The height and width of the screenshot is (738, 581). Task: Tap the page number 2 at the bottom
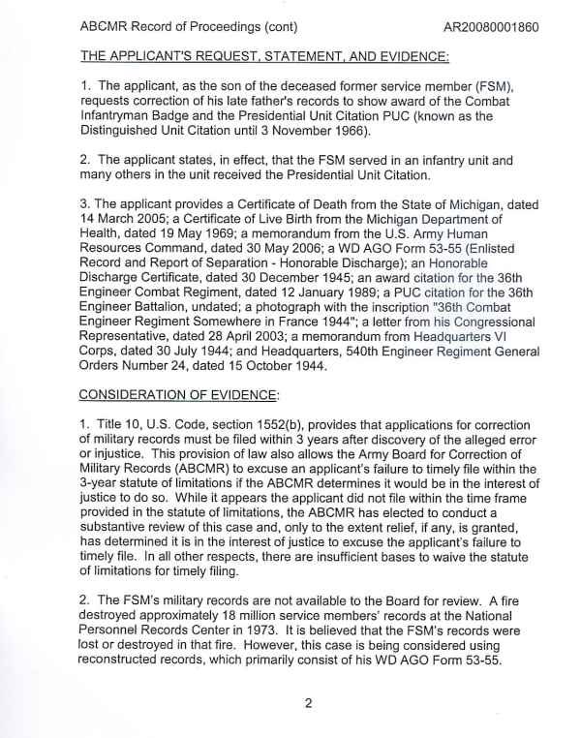click(x=307, y=704)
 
